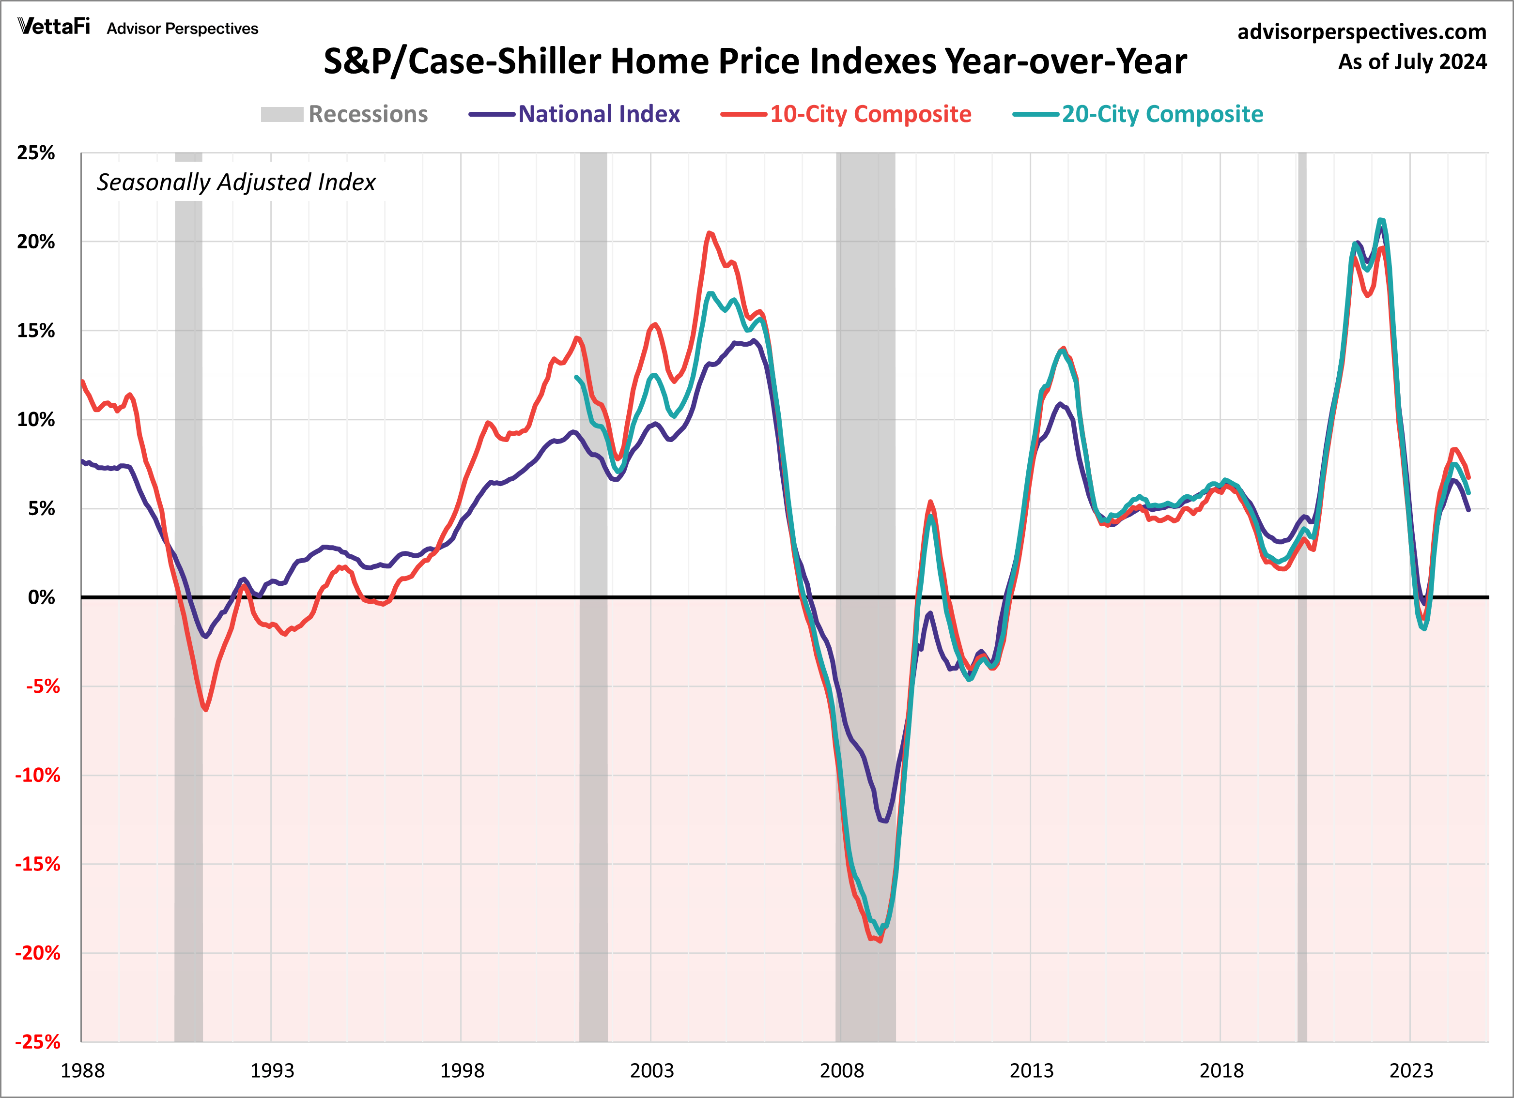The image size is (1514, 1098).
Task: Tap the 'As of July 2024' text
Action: click(x=1412, y=62)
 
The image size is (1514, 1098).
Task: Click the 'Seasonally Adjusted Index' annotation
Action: click(x=236, y=182)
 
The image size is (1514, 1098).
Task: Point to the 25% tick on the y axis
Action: click(x=36, y=153)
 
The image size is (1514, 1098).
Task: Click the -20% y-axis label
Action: click(x=37, y=953)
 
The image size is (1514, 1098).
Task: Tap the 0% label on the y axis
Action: click(x=41, y=597)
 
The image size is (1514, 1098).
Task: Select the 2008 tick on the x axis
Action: click(x=841, y=1070)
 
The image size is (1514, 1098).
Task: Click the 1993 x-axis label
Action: click(x=272, y=1070)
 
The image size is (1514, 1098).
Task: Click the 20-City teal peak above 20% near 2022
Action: click(x=1381, y=220)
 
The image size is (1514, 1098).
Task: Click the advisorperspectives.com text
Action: click(x=1362, y=32)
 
